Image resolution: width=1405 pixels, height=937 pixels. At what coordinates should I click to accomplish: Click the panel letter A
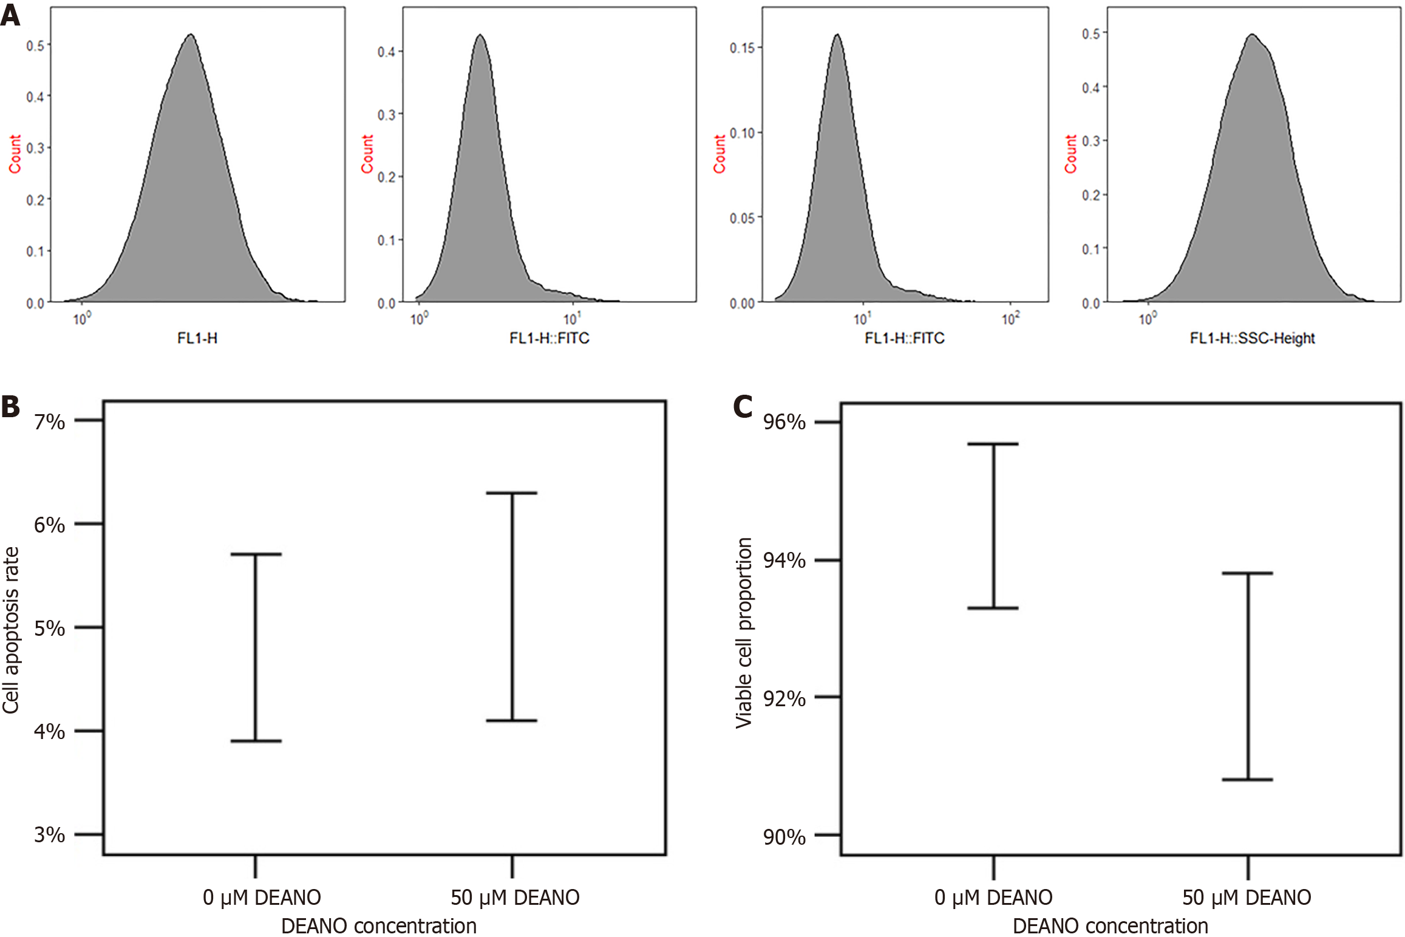[10, 15]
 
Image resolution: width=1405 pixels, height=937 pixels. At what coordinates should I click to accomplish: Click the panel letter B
[10, 407]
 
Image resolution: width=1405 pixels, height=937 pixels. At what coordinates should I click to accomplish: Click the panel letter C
[743, 407]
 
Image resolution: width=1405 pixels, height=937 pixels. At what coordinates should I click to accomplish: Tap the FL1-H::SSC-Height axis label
[1252, 338]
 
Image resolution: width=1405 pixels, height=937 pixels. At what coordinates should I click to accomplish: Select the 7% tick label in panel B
[49, 421]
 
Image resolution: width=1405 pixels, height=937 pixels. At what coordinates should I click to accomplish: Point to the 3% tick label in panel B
[49, 835]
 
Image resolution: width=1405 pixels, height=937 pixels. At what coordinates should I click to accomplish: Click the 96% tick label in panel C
[784, 422]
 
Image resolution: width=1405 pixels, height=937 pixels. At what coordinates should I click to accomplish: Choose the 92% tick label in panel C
[784, 699]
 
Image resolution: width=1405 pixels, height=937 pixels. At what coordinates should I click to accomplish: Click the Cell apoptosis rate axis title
[11, 630]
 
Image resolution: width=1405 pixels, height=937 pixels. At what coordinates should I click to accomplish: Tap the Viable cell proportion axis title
[744, 632]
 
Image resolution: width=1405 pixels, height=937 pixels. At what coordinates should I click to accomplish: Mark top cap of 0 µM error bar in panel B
[256, 554]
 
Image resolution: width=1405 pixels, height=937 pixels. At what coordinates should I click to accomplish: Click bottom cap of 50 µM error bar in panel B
[512, 721]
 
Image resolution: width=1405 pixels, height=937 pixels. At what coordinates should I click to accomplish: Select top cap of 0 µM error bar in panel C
[993, 444]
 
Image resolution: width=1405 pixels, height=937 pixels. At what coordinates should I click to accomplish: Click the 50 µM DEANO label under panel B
[515, 898]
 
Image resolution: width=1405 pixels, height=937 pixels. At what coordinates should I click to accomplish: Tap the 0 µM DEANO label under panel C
[993, 898]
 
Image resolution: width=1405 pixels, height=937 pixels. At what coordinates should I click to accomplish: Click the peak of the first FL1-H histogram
[191, 35]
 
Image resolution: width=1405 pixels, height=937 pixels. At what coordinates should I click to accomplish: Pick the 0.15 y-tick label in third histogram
[741, 48]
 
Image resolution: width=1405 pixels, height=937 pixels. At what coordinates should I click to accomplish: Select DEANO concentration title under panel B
[379, 926]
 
